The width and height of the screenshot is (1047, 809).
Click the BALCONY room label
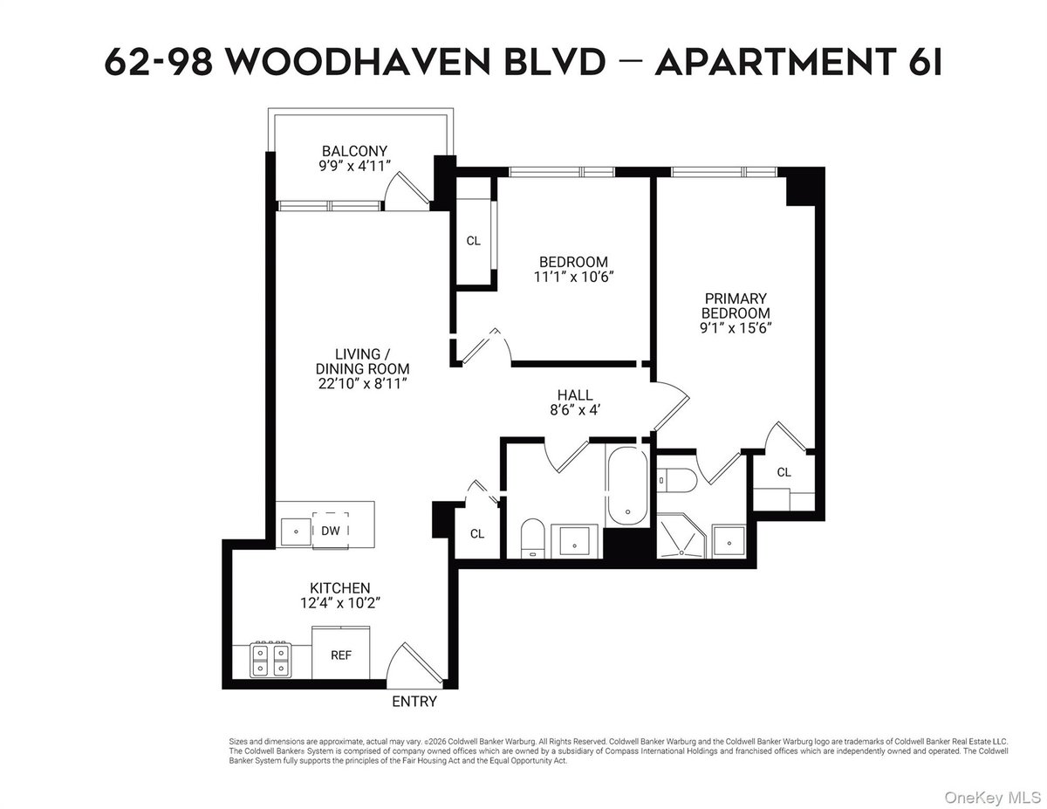tap(354, 151)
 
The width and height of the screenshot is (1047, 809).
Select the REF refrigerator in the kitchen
tap(340, 653)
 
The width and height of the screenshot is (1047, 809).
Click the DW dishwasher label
tap(331, 531)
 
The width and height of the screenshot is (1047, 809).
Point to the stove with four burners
tap(270, 659)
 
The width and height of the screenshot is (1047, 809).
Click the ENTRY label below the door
tap(414, 702)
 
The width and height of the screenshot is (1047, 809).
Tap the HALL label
tap(575, 395)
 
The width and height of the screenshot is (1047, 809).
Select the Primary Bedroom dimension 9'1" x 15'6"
tap(736, 328)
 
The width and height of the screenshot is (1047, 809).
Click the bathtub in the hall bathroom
tap(627, 487)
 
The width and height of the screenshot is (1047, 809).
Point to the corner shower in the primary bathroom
tap(681, 536)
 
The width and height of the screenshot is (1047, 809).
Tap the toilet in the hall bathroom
tap(532, 538)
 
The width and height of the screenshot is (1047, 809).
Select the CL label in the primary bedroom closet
tap(784, 472)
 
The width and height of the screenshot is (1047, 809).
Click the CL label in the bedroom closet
tap(473, 241)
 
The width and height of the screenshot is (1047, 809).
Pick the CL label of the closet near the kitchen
tap(477, 533)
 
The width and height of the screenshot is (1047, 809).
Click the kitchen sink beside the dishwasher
tap(296, 532)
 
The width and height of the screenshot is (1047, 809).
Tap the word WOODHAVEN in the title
tap(359, 62)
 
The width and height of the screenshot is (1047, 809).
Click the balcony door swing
tap(407, 191)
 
